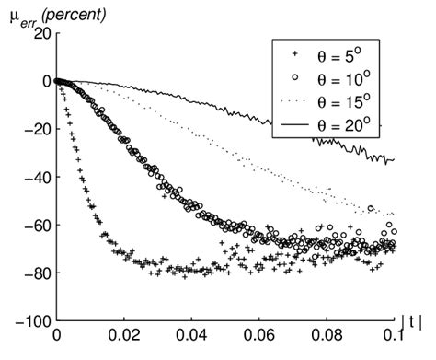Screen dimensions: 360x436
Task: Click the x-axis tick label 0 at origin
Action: point(56,338)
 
